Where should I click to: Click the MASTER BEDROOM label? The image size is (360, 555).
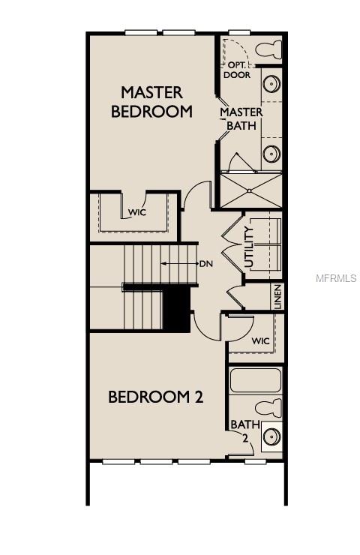point(152,101)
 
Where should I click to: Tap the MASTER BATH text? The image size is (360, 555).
point(241,118)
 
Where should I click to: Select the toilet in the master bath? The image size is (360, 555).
point(267,50)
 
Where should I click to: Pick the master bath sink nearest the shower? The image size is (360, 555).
point(271,155)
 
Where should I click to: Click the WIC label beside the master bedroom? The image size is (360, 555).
point(136,212)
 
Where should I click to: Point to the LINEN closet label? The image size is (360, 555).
point(277,297)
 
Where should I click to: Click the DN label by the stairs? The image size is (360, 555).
point(207,264)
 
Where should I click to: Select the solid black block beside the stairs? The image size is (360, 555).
point(177,310)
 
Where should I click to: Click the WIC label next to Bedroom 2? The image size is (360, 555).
point(260,341)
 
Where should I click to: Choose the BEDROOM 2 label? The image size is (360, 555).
point(156,397)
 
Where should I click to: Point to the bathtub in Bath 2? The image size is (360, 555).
point(255,381)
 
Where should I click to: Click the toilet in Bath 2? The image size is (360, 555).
point(267,409)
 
